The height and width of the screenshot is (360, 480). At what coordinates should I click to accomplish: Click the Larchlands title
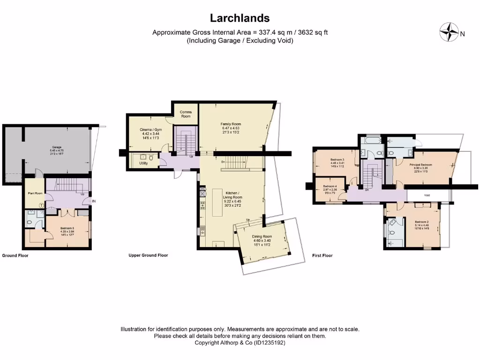[240, 18]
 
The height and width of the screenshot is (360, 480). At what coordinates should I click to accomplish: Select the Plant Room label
[33, 180]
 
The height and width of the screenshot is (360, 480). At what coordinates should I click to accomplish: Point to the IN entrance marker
[94, 202]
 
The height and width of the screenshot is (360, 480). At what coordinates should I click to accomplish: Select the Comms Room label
[186, 114]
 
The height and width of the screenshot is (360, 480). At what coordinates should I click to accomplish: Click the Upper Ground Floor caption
[148, 255]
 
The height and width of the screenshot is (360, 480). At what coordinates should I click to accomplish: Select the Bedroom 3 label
[337, 163]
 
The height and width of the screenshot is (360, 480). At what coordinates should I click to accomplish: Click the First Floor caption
[322, 255]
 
